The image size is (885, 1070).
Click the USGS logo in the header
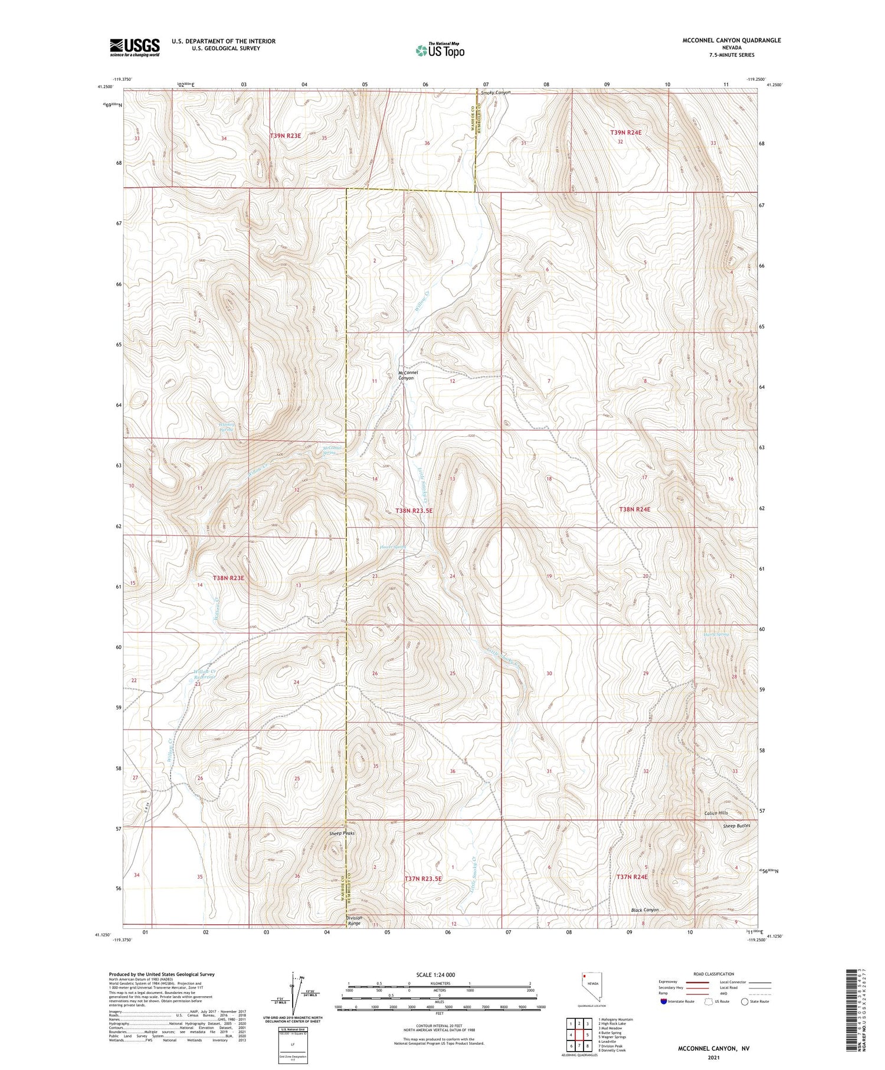tap(135, 47)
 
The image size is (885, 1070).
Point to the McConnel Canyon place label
tap(407, 375)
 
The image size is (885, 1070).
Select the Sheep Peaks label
tap(342, 833)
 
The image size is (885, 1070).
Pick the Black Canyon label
tap(644, 909)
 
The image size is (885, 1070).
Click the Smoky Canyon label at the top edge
tap(495, 93)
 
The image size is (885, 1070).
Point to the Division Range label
tap(354, 921)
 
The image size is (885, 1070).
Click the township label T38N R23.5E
tap(414, 511)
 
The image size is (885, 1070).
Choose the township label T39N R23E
tap(286, 136)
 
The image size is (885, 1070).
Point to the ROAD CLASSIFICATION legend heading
tap(713, 974)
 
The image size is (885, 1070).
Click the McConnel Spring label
tap(332, 450)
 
